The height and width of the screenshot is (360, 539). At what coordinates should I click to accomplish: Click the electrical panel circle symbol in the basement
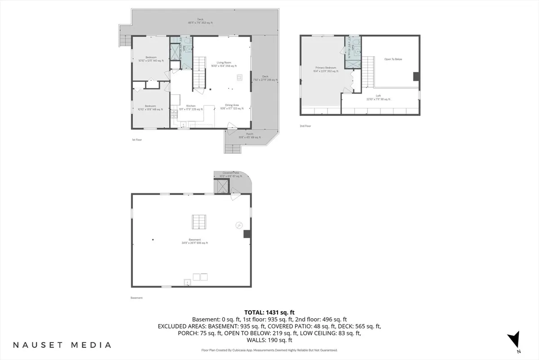pyautogui.click(x=239, y=225)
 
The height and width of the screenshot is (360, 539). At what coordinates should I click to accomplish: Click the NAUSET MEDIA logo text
pyautogui.click(x=62, y=345)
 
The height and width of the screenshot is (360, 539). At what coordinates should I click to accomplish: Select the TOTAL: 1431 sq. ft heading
pyautogui.click(x=269, y=312)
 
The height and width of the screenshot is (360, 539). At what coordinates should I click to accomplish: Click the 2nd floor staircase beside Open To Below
pyautogui.click(x=368, y=68)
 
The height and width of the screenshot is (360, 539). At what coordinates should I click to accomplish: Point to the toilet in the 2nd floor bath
pyautogui.click(x=355, y=43)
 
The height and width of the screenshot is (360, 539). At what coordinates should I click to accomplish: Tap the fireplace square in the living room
pyautogui.click(x=239, y=77)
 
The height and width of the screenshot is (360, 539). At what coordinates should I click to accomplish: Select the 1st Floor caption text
pyautogui.click(x=137, y=140)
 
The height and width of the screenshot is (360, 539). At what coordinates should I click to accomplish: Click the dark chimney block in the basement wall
pyautogui.click(x=246, y=234)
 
